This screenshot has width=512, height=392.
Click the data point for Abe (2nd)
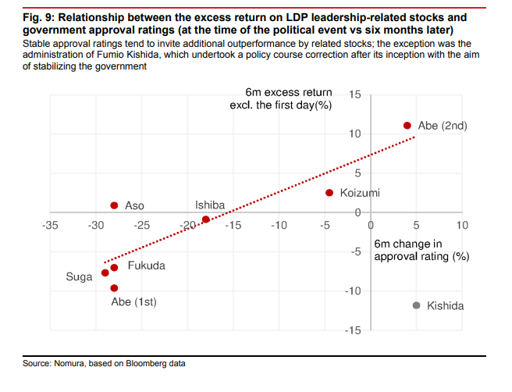pos(407,125)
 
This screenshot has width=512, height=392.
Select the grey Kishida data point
pos(416,305)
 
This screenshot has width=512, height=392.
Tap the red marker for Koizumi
pos(329,193)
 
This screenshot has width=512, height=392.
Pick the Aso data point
pos(114,205)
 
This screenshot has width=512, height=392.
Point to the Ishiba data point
pos(205,219)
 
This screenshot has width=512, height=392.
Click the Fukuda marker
pos(114,267)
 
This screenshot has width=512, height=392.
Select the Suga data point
pos(105,273)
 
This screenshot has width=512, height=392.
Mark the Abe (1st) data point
pos(114,288)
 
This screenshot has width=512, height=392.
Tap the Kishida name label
pos(445,306)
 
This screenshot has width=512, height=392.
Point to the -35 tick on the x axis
pos(50,226)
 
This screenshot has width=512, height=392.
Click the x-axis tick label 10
pos(461,226)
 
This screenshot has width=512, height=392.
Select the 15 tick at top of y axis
pos(355,94)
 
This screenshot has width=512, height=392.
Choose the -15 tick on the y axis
pos(353,330)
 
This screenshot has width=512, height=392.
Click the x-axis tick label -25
pos(141,226)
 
